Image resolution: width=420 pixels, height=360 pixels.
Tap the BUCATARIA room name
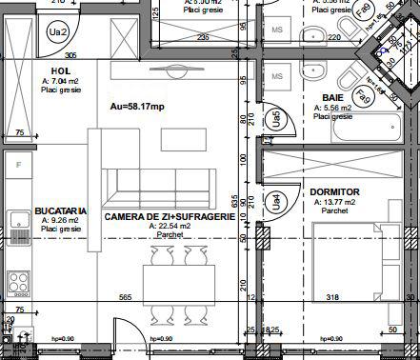click(61, 210)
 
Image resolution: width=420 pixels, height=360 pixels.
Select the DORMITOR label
click(333, 192)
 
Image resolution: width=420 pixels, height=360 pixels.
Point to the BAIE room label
click(332, 98)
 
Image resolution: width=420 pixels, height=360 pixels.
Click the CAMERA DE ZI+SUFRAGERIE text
click(170, 217)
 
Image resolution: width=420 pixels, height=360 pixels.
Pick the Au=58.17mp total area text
click(138, 107)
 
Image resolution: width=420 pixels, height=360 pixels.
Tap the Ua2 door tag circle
click(60, 32)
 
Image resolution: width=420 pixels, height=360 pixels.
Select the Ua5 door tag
click(275, 118)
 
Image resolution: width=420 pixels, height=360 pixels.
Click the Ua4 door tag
click(276, 202)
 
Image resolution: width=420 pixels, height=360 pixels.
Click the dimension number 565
click(125, 297)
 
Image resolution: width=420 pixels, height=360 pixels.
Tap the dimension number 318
click(331, 297)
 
